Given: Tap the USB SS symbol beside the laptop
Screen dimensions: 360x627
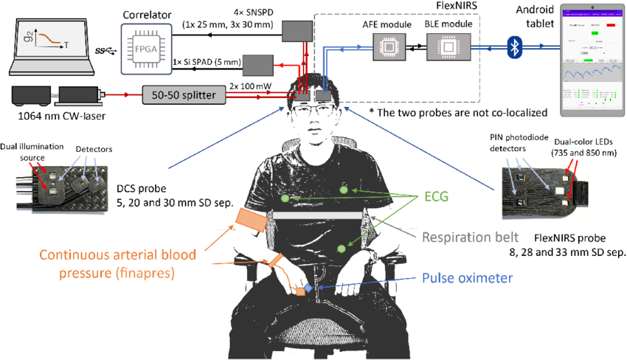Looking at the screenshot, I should point(105,51).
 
